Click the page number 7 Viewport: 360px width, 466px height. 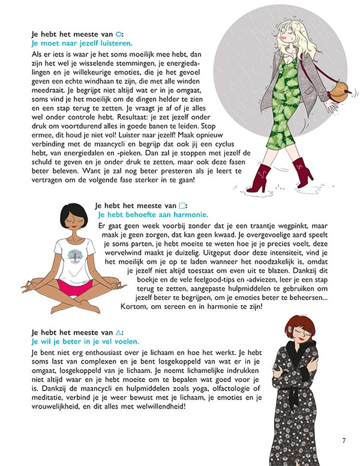tap(343, 442)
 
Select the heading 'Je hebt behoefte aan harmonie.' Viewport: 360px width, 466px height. tap(152, 214)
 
